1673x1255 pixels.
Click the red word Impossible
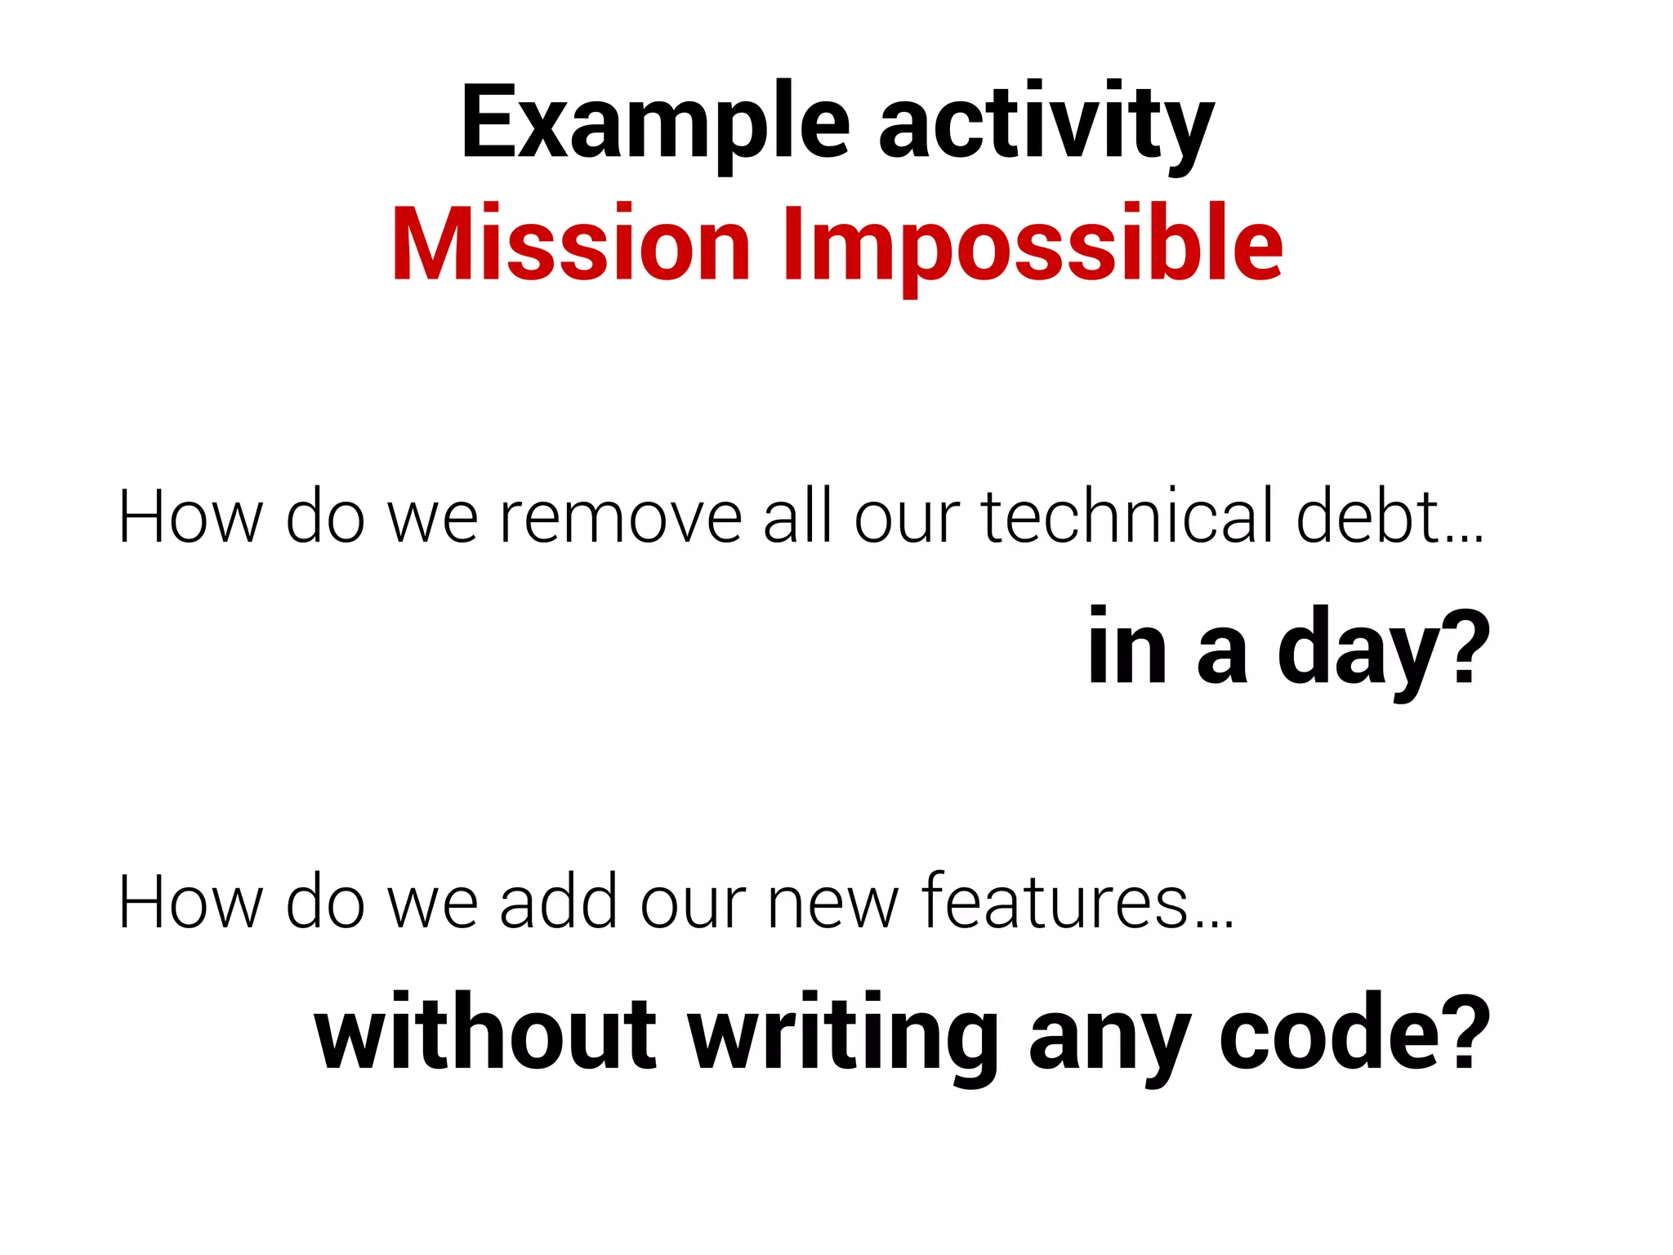1033,245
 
